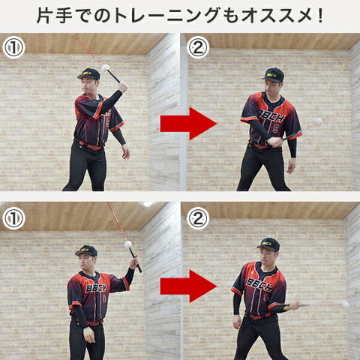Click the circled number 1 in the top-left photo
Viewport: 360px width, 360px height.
(x=13, y=47)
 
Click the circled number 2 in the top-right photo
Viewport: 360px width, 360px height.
(x=198, y=47)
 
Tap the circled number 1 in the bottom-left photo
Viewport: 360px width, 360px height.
(x=13, y=218)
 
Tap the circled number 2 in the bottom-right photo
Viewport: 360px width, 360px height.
(x=198, y=218)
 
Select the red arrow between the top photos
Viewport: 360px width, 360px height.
(x=188, y=124)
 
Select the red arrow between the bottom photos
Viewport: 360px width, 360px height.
(x=188, y=286)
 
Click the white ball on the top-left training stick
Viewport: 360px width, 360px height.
(x=105, y=67)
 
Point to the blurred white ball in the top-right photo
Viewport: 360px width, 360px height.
(x=318, y=122)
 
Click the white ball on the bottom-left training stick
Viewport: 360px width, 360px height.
(x=128, y=244)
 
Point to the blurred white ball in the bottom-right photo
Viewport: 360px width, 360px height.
(x=346, y=304)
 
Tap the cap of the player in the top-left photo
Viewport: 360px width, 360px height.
(x=88, y=74)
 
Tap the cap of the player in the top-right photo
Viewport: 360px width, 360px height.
(x=273, y=74)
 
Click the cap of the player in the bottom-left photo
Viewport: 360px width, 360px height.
(x=86, y=250)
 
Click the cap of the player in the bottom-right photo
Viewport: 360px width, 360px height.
(x=268, y=244)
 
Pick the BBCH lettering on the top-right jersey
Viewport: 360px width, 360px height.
(x=271, y=115)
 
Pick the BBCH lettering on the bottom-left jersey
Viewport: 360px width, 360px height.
(x=96, y=288)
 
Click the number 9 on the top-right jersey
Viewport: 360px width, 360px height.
(x=275, y=129)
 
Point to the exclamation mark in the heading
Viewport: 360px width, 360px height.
(x=320, y=16)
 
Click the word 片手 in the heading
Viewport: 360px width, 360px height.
(x=55, y=16)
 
